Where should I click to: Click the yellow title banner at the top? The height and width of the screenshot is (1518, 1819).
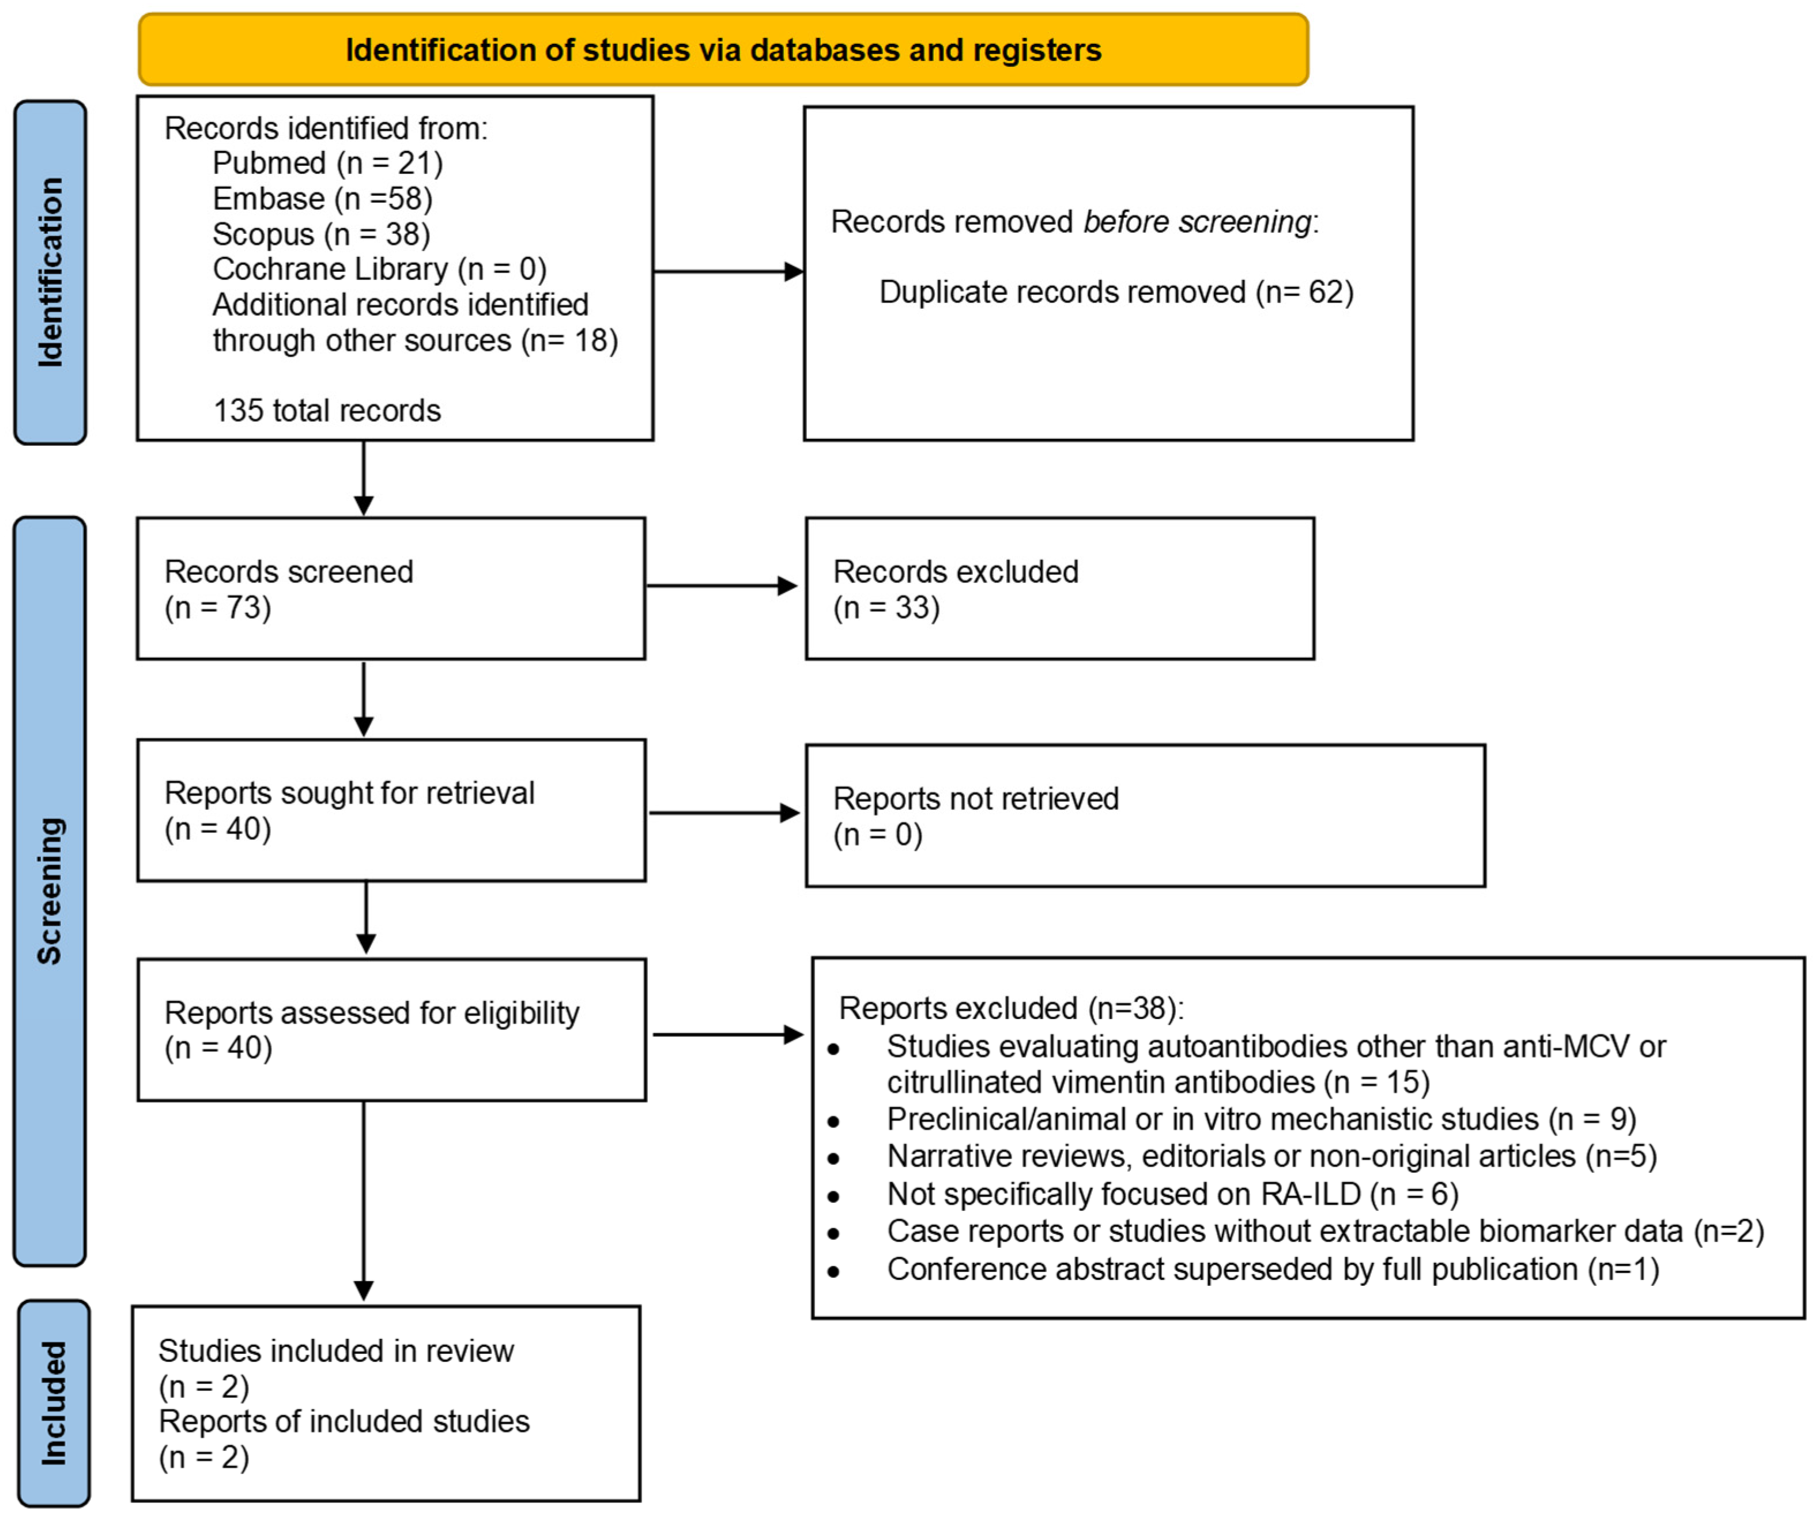point(723,50)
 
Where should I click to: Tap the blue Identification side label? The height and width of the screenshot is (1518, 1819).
point(50,272)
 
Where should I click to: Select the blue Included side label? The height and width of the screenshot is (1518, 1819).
point(54,1403)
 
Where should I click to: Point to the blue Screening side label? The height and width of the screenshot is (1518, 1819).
point(50,891)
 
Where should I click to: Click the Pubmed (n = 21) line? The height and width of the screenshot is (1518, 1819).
point(327,163)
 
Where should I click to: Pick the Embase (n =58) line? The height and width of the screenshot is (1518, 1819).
point(322,198)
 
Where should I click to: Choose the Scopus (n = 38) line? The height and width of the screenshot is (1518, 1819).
point(322,234)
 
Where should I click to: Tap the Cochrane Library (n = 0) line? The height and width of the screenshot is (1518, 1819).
point(379,269)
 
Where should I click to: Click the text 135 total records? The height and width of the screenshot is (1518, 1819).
point(327,410)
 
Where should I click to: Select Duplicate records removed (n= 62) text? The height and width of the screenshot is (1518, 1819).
point(1116,293)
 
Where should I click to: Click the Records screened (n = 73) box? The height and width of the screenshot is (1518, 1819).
point(391,589)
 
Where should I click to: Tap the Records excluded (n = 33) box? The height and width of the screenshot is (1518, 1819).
point(1060,589)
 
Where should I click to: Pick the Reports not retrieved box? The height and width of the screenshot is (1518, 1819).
point(1146,816)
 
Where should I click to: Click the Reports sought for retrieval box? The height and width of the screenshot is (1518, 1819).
point(391,811)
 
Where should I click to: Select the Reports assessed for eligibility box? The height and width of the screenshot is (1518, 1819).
point(391,1029)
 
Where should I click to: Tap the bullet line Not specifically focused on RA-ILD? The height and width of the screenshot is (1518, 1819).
point(1144,1194)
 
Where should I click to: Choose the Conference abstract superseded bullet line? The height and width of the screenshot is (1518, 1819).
point(1243,1270)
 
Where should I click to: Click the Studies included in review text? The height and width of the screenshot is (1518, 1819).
point(336,1351)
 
